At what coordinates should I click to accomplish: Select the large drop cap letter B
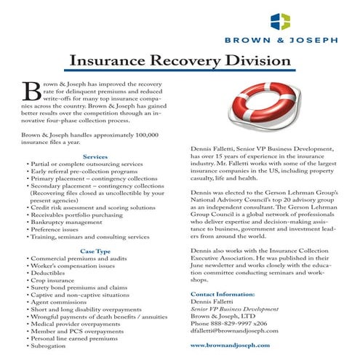tap(33, 90)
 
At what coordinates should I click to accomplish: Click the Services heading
tap(95, 156)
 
